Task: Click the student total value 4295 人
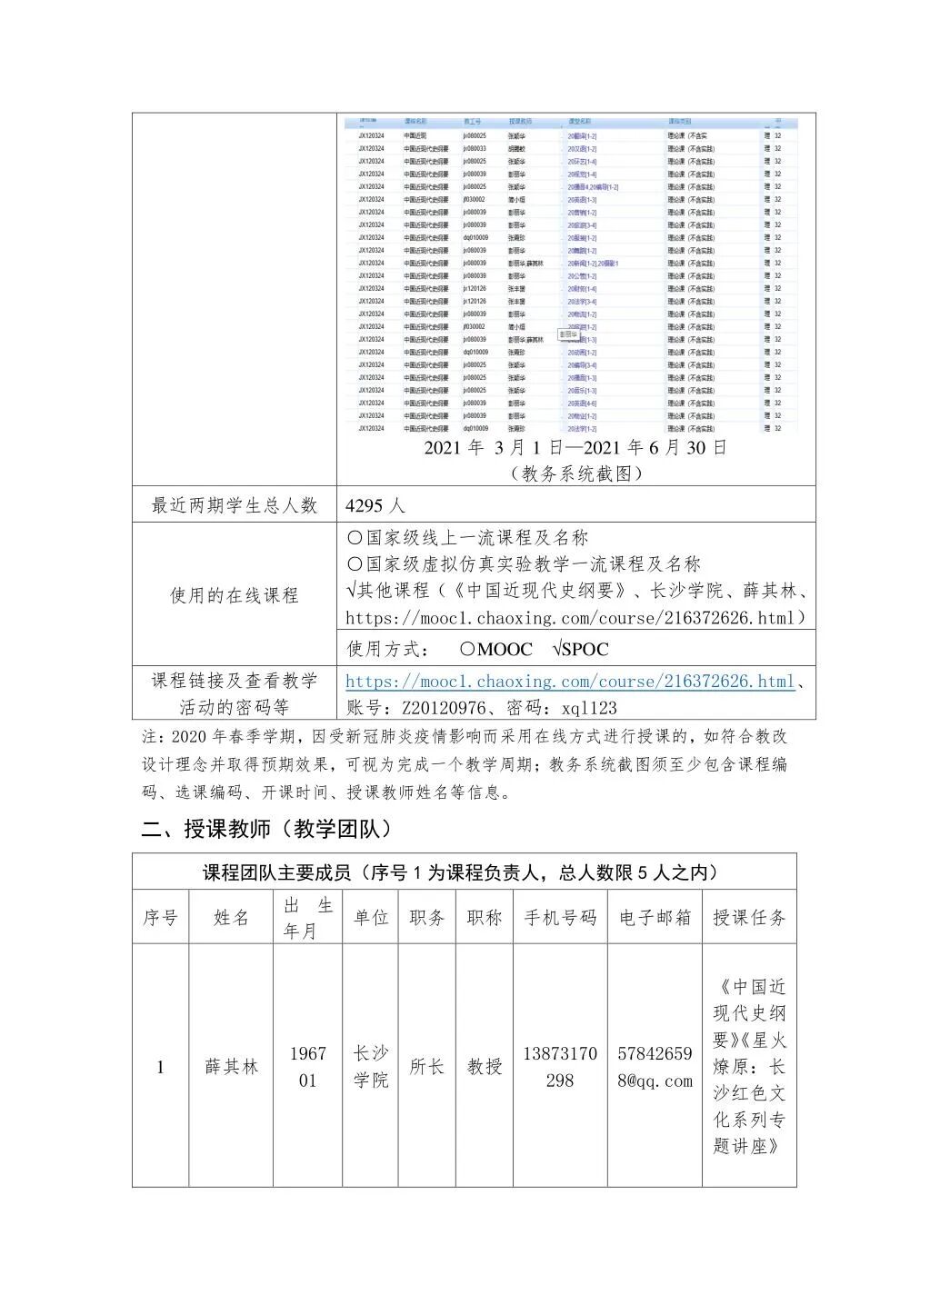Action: click(375, 505)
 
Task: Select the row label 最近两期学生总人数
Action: click(234, 505)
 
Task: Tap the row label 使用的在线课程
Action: click(234, 595)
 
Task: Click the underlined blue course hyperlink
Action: click(570, 682)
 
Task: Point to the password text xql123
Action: click(589, 708)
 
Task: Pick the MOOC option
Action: click(496, 649)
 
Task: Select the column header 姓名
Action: click(231, 918)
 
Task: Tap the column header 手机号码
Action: click(560, 918)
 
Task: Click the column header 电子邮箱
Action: click(655, 918)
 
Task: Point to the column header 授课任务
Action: click(749, 918)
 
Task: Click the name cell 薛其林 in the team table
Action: click(231, 1067)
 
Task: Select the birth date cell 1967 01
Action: click(307, 1067)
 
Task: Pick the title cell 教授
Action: click(485, 1067)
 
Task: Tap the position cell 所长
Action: click(426, 1067)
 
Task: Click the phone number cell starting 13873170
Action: click(560, 1067)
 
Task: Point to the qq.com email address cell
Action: click(655, 1067)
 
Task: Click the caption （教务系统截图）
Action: click(576, 473)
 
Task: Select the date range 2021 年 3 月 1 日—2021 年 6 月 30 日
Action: click(575, 447)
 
